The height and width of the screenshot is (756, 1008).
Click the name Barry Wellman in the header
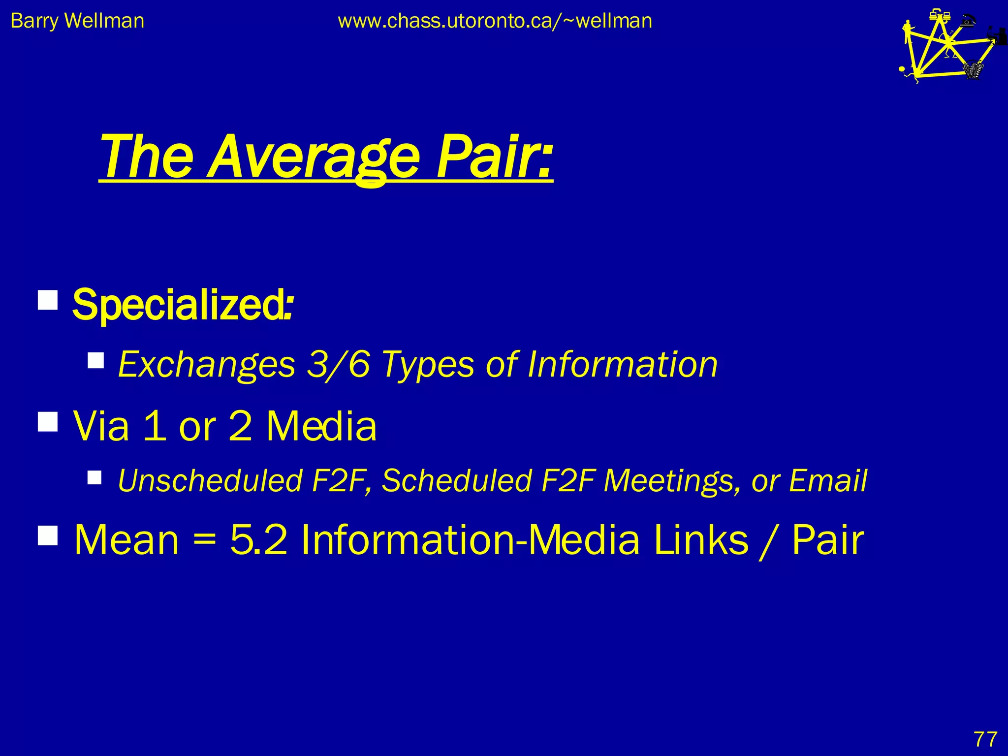77,21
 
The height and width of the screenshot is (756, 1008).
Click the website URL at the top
495,21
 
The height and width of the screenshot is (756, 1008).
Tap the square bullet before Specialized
48,299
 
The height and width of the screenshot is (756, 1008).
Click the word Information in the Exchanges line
622,364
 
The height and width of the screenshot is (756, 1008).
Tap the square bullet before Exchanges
96,360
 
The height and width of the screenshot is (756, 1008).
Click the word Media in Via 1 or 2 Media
321,426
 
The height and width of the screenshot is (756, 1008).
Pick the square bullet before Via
48,422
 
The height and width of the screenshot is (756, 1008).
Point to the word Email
828,480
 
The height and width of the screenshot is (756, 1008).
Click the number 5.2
259,539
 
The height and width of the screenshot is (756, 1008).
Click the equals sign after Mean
204,540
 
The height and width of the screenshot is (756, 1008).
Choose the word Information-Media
470,539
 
